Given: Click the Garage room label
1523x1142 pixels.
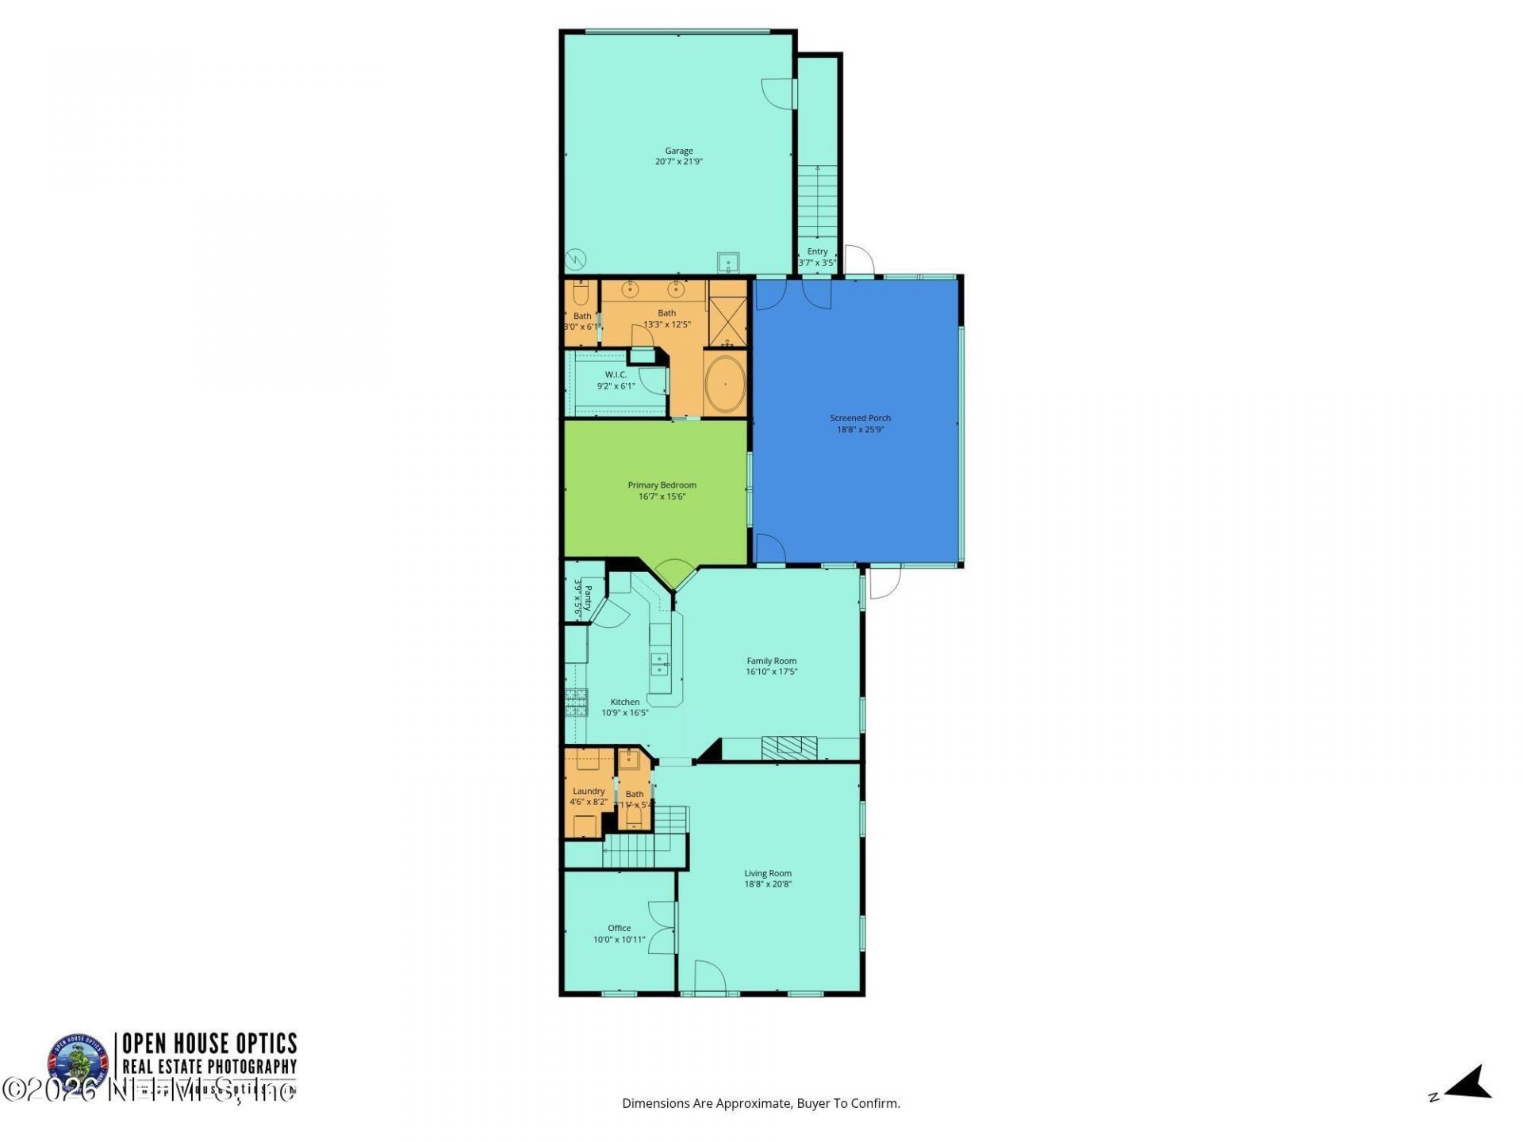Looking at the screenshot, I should (678, 151).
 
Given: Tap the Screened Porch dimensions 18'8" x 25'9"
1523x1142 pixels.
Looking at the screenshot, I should (860, 430).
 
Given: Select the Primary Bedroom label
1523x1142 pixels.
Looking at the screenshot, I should (662, 485).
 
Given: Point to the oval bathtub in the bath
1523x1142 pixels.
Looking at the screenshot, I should (724, 384).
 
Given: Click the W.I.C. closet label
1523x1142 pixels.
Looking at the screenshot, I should (616, 374).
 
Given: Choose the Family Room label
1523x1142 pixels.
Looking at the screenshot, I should (771, 661).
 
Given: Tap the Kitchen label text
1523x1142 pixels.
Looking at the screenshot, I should (624, 702).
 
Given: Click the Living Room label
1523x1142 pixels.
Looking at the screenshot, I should (767, 873).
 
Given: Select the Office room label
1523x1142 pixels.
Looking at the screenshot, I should (619, 928).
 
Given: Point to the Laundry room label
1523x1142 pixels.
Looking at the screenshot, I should (589, 791).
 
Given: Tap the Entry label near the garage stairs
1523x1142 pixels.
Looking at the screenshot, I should (817, 251).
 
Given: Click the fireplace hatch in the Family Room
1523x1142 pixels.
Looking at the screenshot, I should (788, 748).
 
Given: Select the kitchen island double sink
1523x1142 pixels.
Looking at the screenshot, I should (659, 664).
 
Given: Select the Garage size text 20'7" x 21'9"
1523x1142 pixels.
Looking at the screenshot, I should (678, 162).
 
